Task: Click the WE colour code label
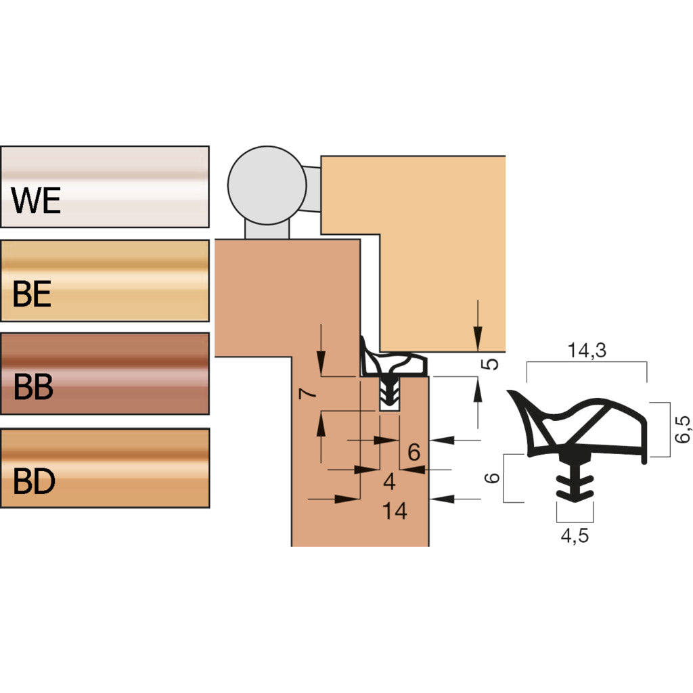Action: (x=37, y=201)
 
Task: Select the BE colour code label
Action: (x=32, y=295)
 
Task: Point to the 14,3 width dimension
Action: (x=587, y=351)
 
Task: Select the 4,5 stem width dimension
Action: (x=575, y=536)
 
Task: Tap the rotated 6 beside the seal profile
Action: (x=493, y=478)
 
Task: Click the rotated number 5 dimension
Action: (x=493, y=363)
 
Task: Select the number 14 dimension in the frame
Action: (x=395, y=512)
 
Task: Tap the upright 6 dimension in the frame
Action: (x=414, y=451)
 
